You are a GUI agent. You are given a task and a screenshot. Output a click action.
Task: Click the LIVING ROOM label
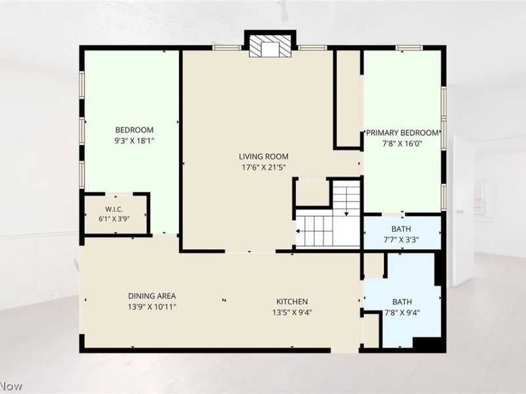pos(264,156)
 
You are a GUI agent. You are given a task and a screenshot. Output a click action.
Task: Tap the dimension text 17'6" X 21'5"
pos(264,167)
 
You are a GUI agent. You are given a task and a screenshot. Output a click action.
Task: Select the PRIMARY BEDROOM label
pos(402,133)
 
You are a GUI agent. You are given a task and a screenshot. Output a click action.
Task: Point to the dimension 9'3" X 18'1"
pos(134,141)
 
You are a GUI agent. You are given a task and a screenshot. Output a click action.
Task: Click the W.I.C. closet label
pos(114,209)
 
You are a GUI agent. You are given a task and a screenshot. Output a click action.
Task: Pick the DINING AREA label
pos(152,296)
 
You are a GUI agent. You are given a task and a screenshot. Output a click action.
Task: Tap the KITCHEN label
pos(292,301)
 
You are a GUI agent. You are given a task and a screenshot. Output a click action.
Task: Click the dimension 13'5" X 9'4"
pos(292,313)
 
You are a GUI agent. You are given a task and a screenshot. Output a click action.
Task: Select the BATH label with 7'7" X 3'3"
pos(401,229)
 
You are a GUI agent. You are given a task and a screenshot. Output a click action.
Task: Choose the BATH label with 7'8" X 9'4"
pos(402,302)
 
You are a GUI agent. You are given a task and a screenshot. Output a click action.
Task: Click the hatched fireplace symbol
pos(270,46)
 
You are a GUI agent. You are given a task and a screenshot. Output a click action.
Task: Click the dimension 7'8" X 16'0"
pos(402,144)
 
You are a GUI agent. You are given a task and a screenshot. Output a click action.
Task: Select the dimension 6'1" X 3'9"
pos(114,219)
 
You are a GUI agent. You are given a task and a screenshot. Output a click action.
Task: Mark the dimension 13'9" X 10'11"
pos(152,307)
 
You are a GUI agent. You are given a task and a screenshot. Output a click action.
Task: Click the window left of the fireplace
pos(227,48)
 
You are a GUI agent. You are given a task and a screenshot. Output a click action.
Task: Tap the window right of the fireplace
pos(313,48)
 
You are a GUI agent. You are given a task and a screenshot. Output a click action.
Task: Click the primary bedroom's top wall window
pos(409,48)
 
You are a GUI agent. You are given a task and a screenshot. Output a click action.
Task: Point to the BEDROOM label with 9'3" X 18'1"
pos(134,130)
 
